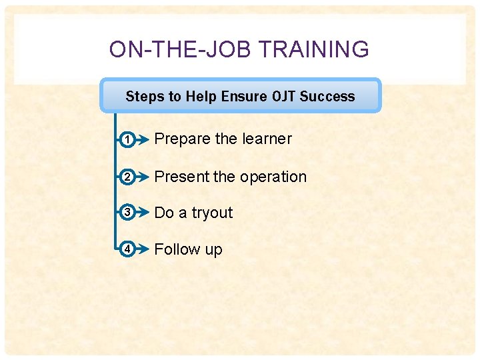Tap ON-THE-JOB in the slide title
[x=180, y=49]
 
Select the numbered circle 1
[x=127, y=139]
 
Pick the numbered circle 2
[x=127, y=177]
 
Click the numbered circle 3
[x=127, y=213]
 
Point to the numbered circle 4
[x=127, y=249]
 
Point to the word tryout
[x=212, y=213]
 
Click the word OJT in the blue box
[x=284, y=97]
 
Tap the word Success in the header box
[x=327, y=97]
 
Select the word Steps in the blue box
[x=144, y=97]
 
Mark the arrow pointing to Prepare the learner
[x=142, y=139]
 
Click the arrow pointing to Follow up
[x=142, y=249]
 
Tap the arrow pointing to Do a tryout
[x=142, y=213]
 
